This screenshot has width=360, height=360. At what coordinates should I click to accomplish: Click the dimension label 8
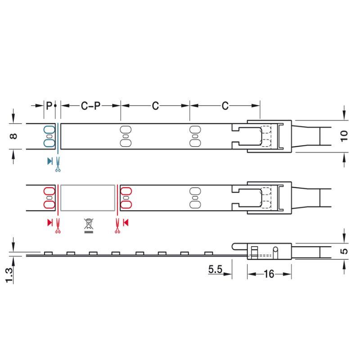13,136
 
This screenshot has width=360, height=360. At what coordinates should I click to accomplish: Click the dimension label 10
344,136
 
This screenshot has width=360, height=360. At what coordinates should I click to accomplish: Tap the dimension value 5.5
215,269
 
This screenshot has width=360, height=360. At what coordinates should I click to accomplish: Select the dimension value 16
269,274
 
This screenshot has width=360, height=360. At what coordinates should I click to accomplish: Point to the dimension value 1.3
9,275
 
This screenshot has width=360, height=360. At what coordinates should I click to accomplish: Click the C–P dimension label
91,106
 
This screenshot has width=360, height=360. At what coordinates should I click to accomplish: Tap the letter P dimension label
49,106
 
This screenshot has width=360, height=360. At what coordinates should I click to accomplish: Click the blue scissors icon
58,164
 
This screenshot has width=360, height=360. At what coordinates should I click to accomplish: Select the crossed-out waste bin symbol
89,226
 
